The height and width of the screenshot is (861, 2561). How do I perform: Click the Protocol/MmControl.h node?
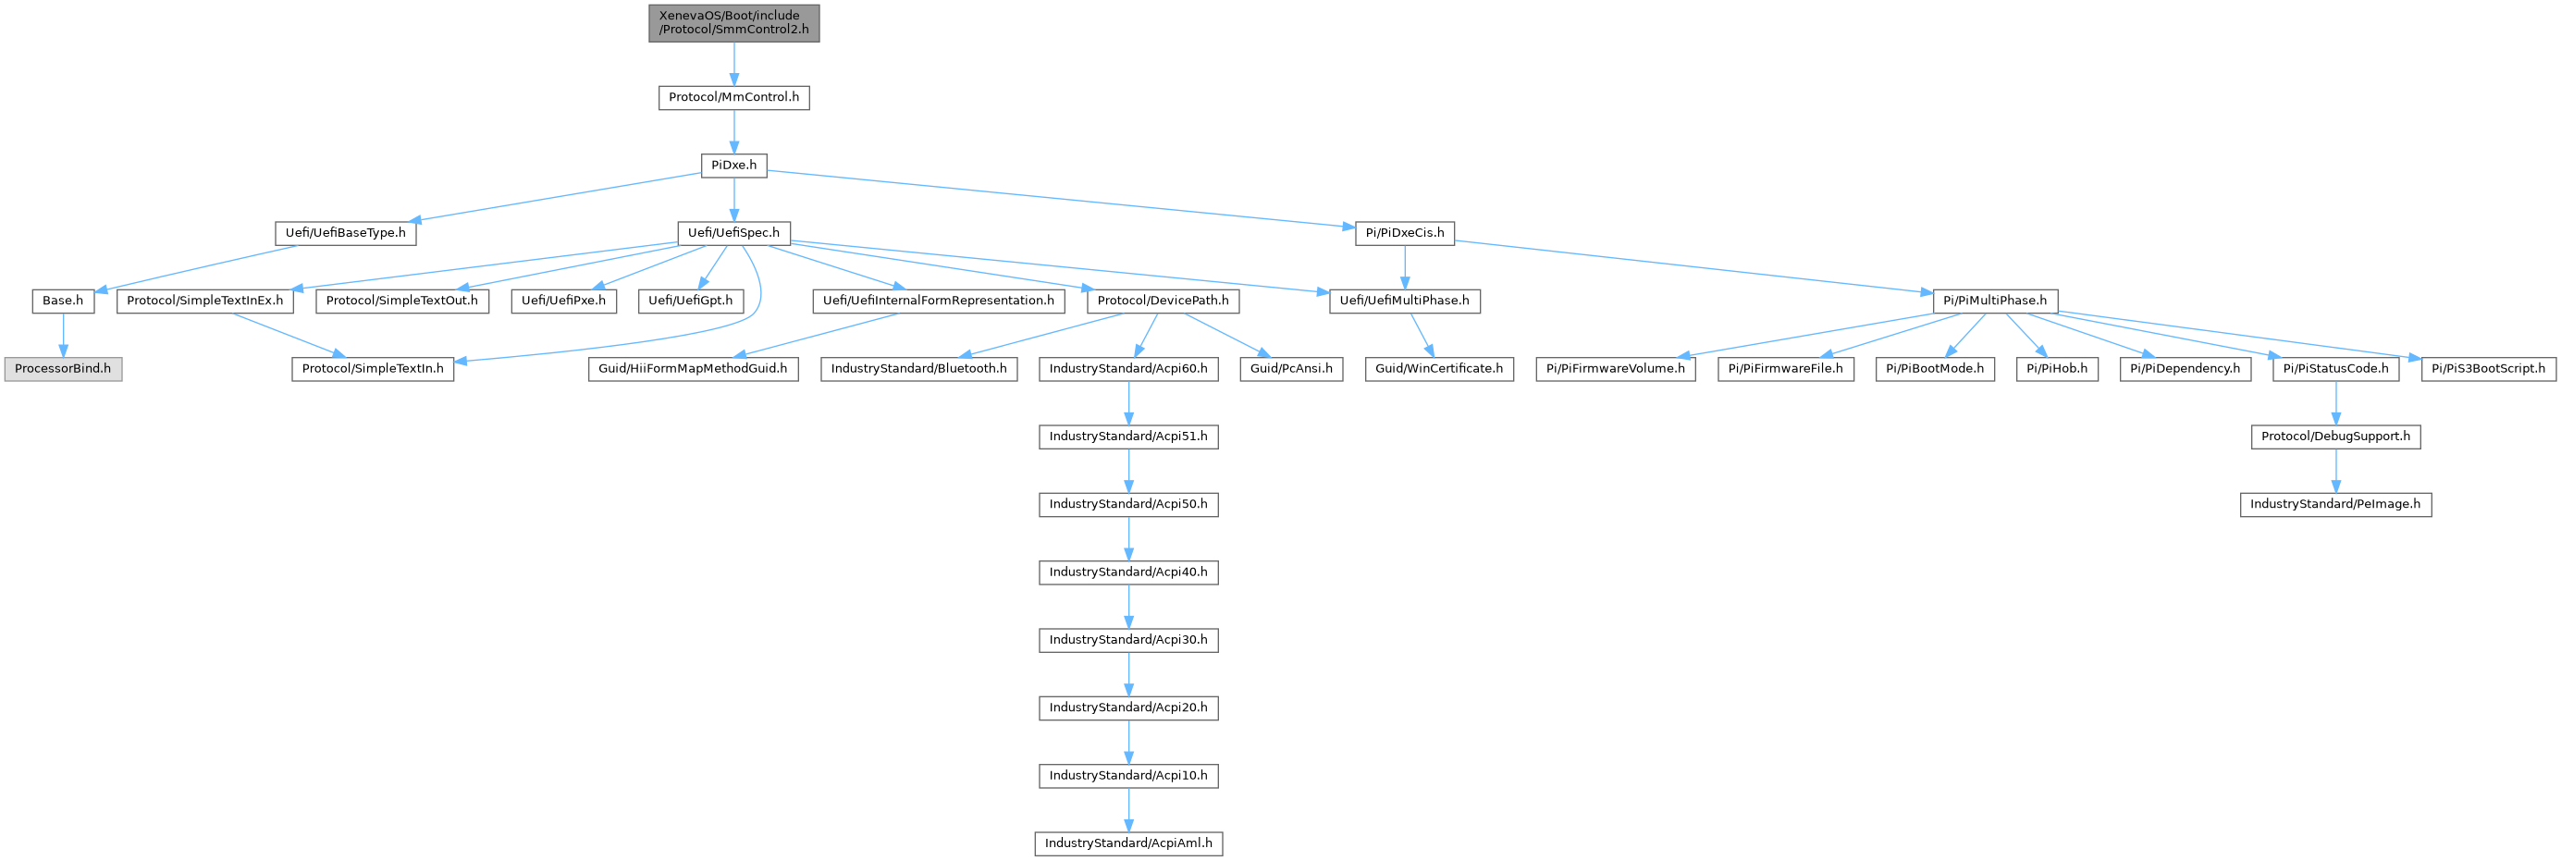tap(733, 97)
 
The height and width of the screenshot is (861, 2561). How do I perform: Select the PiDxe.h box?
tap(733, 165)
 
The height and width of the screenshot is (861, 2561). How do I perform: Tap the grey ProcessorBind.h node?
tap(63, 369)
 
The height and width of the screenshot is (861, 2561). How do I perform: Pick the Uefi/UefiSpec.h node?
tap(733, 233)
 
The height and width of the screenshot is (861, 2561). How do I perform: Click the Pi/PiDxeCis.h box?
tap(1405, 233)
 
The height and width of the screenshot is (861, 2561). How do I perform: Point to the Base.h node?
tap(63, 301)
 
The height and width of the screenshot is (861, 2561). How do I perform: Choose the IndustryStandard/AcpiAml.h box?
tap(1128, 843)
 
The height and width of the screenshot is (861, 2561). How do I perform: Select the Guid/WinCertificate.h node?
tap(1438, 369)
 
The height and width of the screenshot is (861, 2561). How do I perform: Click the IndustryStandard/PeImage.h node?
tap(2335, 504)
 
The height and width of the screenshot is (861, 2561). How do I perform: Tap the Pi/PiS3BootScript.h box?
tap(2489, 369)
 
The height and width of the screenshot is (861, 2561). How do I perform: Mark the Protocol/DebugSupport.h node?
tap(2335, 437)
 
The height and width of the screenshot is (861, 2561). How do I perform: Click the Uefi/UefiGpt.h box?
tap(690, 301)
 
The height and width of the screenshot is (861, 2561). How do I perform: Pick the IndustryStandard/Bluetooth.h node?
tap(918, 369)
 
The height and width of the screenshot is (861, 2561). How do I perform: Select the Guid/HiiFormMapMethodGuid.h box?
tap(692, 369)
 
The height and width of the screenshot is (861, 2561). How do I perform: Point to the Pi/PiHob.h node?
tap(2057, 369)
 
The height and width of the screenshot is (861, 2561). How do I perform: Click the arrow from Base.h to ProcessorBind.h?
tap(63, 334)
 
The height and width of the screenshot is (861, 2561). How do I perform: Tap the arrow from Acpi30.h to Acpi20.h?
tap(1128, 673)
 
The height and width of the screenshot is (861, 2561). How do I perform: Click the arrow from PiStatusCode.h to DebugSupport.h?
tap(2335, 402)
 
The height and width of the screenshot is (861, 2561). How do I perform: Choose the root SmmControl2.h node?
tap(733, 23)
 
